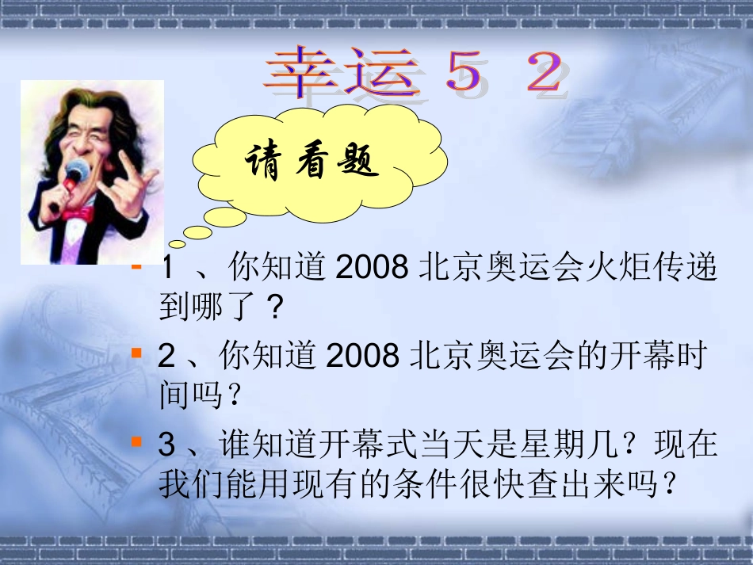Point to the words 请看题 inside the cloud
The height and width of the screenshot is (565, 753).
pyautogui.click(x=312, y=164)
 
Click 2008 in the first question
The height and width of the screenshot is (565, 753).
pyautogui.click(x=368, y=269)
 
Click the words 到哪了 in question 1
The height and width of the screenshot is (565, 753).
pyautogui.click(x=210, y=307)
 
